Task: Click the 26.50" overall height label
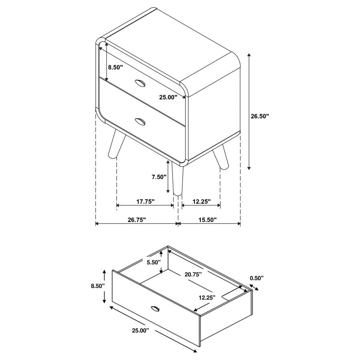(260, 116)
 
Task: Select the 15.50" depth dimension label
(207, 219)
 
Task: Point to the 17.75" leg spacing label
(145, 202)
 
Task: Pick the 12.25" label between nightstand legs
(201, 202)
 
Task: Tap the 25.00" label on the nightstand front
(168, 97)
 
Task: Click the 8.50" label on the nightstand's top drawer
(115, 67)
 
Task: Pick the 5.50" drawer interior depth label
(153, 262)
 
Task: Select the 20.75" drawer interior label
(193, 274)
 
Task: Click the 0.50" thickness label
(256, 278)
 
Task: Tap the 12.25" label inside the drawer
(207, 297)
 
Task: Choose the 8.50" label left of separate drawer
(97, 286)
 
